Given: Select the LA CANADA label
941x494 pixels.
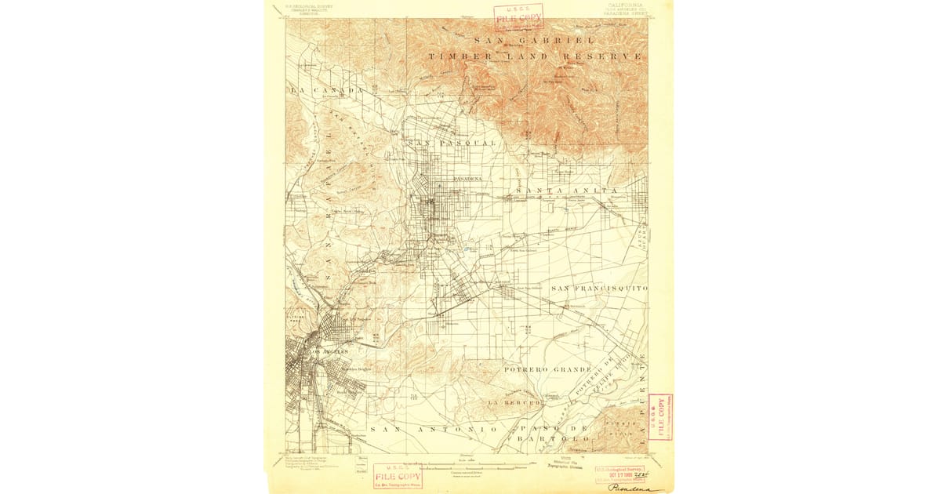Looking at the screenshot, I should coord(326,92).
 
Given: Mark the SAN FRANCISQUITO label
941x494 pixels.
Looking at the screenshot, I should coord(599,289).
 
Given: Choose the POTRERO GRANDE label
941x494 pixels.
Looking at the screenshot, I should coord(547,369).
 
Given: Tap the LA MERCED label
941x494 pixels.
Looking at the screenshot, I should coord(514,402).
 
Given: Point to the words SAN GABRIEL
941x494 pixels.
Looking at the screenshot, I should coord(534,40).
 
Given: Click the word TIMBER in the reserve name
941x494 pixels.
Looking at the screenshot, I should coord(460,56).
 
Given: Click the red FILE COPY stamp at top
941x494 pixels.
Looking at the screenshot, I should coord(518,16).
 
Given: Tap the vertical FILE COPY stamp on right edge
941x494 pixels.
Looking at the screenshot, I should coord(659,416).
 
